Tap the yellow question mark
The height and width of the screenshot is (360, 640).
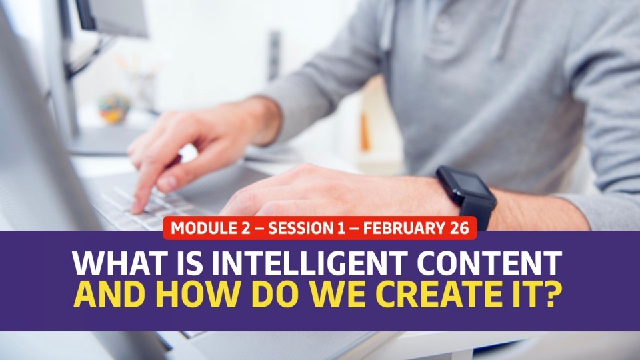click(x=550, y=295)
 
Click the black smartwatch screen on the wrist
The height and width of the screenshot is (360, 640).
click(x=469, y=183)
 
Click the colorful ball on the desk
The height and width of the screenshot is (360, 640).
click(x=114, y=108)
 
